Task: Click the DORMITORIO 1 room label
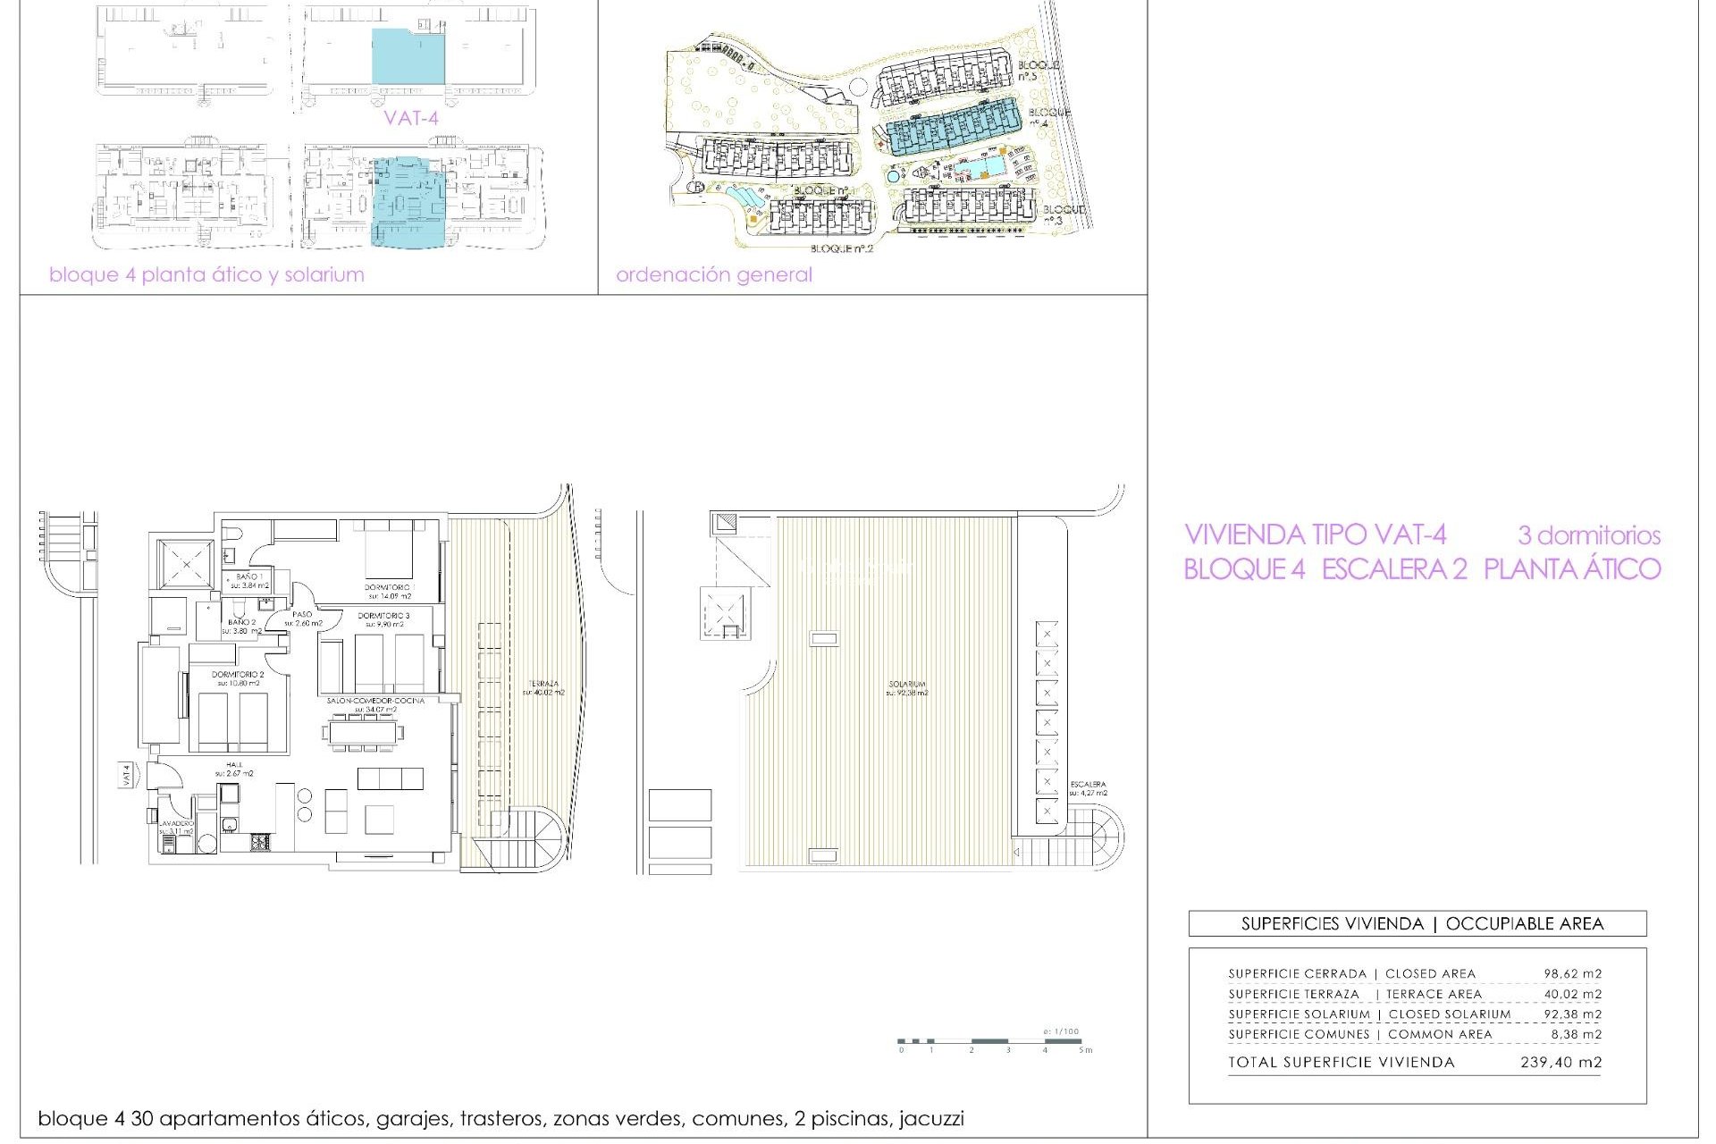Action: coord(388,587)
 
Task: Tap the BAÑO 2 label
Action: coord(241,622)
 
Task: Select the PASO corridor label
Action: coord(302,614)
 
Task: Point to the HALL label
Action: coord(234,765)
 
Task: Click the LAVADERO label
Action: coord(176,823)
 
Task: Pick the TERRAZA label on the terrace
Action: coord(543,685)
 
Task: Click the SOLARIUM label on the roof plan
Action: coord(907,685)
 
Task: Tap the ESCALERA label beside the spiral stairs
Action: coord(1088,785)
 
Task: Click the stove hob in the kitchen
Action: coord(259,841)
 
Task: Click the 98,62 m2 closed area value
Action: coord(1572,973)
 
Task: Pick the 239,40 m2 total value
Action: coord(1560,1063)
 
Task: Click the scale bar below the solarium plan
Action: coord(989,1041)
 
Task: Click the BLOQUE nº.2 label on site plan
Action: coord(841,248)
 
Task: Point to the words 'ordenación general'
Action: coord(713,274)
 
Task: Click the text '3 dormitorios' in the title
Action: coord(1588,535)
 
